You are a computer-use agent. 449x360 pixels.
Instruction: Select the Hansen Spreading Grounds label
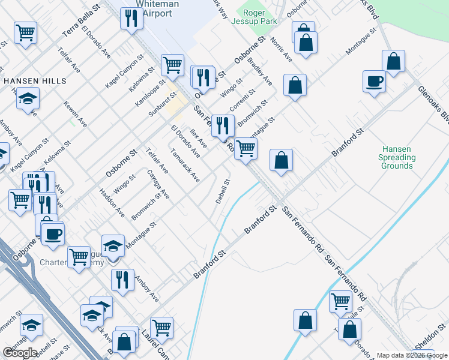tap(397, 157)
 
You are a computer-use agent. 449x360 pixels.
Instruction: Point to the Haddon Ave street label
tap(112, 204)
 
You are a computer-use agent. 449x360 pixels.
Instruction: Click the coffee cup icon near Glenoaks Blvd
tap(375, 81)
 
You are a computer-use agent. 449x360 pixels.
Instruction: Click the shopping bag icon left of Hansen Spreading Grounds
tap(281, 160)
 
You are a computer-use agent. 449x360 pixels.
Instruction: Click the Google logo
tap(19, 352)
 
